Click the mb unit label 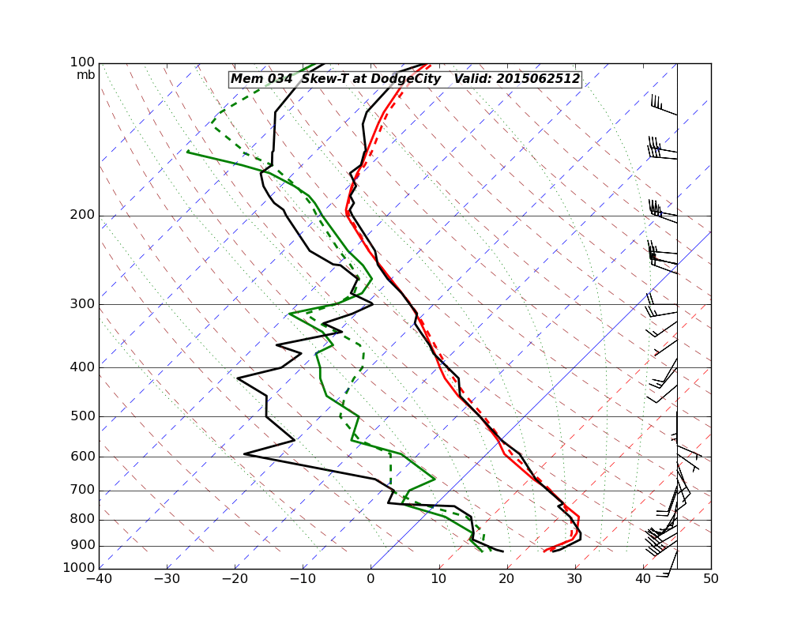[x=85, y=75]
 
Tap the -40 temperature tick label [x=99, y=579]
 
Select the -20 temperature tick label [x=235, y=579]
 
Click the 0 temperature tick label [x=371, y=579]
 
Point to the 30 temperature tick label [x=575, y=579]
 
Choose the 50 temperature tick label [x=711, y=579]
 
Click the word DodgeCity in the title [x=404, y=79]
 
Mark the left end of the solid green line [x=187, y=152]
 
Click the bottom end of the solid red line [x=544, y=551]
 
